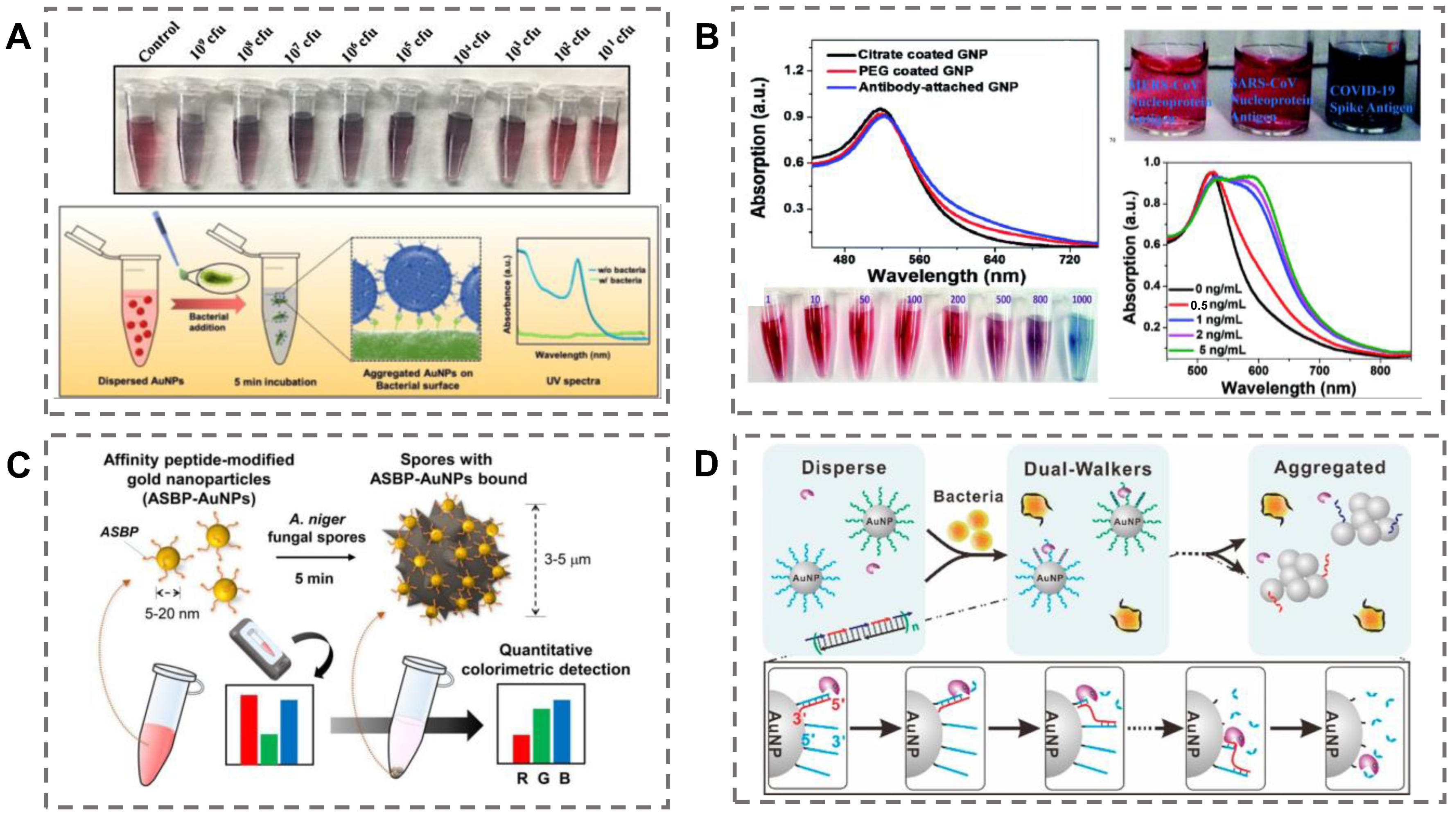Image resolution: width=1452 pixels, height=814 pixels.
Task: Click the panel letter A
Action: click(x=18, y=39)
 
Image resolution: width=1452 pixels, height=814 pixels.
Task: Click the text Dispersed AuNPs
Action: click(x=141, y=381)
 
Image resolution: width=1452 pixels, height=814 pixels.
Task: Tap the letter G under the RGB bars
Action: click(x=543, y=778)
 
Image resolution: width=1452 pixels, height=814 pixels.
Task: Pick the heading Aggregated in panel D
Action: click(x=1330, y=467)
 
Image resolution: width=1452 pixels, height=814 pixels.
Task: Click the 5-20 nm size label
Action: click(x=172, y=613)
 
